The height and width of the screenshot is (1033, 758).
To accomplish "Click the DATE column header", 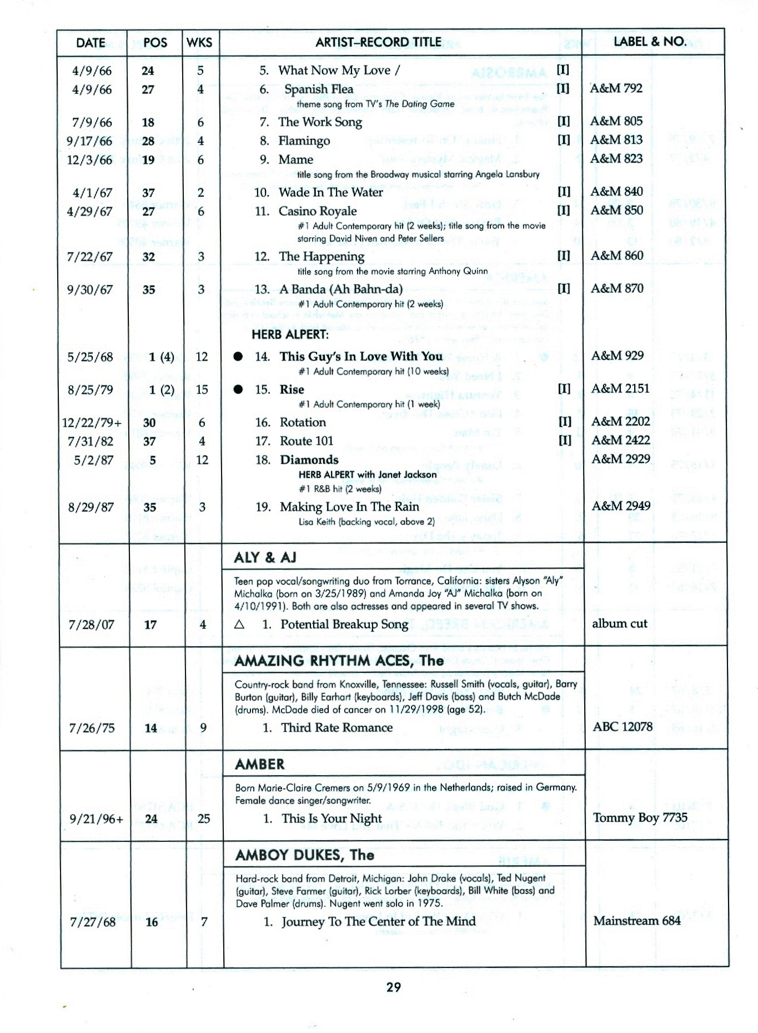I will [91, 43].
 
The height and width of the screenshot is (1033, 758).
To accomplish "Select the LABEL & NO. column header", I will [650, 42].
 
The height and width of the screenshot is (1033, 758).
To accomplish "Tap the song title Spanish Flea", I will [318, 89].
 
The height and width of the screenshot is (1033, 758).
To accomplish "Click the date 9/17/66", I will [89, 141].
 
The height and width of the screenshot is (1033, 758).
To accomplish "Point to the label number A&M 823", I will [616, 159].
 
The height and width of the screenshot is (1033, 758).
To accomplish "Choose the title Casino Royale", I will [317, 211].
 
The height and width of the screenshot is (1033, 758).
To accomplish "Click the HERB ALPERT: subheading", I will [290, 335].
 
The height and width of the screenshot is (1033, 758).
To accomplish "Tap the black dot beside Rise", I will [238, 390].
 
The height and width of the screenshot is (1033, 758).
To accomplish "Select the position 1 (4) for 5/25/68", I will [161, 357].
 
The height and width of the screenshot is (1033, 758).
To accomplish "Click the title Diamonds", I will [309, 460].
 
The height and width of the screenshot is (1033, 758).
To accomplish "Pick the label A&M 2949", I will [620, 506].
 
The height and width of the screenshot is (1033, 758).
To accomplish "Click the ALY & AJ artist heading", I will [265, 557].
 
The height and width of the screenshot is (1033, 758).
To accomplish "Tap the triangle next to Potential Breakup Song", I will [239, 625].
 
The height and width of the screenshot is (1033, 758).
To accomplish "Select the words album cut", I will [619, 623].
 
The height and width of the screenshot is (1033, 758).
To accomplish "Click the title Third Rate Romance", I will [337, 728].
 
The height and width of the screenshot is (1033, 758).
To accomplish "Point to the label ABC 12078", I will [623, 727].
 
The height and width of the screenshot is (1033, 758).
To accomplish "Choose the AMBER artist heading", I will [259, 764].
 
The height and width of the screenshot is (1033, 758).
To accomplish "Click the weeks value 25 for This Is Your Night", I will [204, 819].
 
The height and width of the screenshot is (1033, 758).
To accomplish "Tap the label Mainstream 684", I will [636, 921].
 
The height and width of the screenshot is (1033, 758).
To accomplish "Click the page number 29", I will [393, 987].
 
